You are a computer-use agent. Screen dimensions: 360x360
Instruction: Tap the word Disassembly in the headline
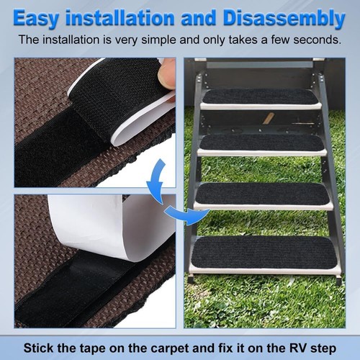284,17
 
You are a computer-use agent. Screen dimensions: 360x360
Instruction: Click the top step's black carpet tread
260,97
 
